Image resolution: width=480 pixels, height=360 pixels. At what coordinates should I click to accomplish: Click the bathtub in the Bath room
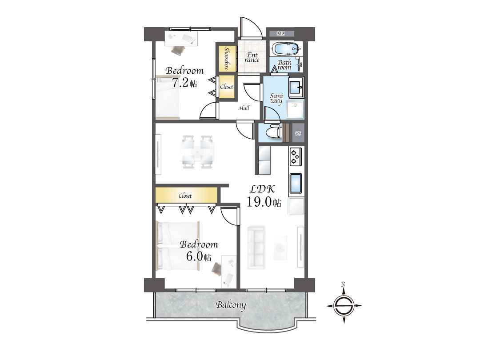point(286,49)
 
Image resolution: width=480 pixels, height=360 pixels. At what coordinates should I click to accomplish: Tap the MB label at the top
point(281,33)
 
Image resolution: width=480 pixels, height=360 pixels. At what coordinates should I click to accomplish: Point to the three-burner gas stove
point(296,156)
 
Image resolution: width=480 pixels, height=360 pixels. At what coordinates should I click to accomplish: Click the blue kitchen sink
point(296,183)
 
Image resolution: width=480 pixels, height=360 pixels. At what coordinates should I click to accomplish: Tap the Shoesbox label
point(227,58)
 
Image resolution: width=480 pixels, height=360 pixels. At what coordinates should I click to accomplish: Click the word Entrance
point(252,57)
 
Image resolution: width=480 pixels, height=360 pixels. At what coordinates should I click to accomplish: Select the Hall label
point(244,108)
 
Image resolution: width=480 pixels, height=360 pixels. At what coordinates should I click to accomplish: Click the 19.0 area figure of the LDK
point(259,202)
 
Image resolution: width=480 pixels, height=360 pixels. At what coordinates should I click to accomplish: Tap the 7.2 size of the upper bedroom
point(180,83)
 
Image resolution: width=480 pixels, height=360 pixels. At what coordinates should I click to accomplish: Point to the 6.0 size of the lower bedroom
point(194,256)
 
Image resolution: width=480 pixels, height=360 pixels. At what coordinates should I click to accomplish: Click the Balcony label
point(231,305)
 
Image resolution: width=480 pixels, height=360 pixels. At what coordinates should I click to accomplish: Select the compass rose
point(344,305)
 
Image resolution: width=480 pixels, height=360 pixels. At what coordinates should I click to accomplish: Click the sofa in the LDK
point(256,248)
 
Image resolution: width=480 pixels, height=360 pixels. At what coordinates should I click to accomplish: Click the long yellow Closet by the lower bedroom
point(186,195)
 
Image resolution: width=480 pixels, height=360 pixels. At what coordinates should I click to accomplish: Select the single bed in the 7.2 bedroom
point(168,97)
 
